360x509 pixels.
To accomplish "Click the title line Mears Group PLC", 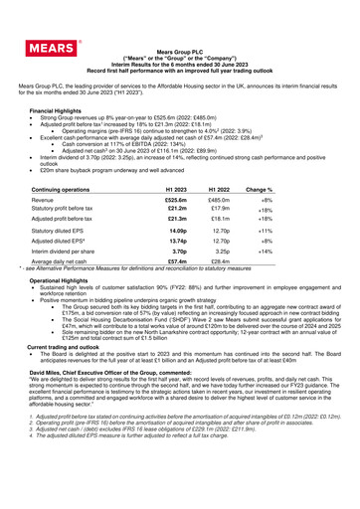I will click(x=180, y=76).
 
